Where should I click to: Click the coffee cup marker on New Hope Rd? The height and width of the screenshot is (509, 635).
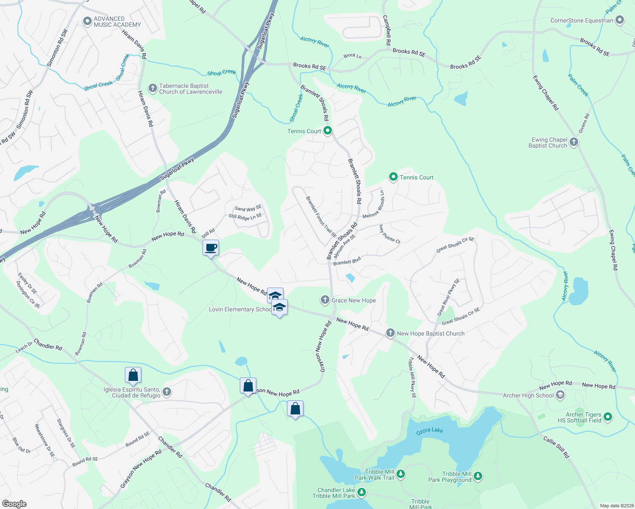pos(211,247)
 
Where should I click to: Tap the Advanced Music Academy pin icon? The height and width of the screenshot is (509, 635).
pos(87,21)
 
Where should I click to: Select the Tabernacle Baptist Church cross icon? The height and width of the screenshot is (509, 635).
pos(152,88)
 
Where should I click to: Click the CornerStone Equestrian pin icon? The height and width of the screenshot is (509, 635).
pos(620,20)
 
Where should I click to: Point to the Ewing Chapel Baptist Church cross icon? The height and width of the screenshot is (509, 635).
pos(574,142)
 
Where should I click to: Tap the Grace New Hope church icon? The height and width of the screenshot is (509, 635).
pos(325,300)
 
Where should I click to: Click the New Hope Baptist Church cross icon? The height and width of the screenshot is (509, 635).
pos(390,333)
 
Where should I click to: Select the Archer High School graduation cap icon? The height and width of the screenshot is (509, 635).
pos(560,395)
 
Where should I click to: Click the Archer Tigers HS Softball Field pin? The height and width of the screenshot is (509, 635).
pos(607,417)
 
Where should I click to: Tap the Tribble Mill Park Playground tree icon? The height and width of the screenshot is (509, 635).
pos(478,476)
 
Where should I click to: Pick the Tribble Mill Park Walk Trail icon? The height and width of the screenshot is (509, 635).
pos(401,474)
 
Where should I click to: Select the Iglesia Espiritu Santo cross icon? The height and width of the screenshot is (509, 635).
pos(167,392)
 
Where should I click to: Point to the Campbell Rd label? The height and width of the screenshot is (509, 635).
pos(386,31)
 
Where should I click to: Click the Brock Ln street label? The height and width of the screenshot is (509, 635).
pos(352,56)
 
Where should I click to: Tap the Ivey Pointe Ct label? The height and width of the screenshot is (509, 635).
pos(390,234)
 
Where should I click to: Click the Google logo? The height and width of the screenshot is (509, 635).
pos(14,503)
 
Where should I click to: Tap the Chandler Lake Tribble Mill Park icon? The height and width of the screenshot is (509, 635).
pos(362,492)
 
